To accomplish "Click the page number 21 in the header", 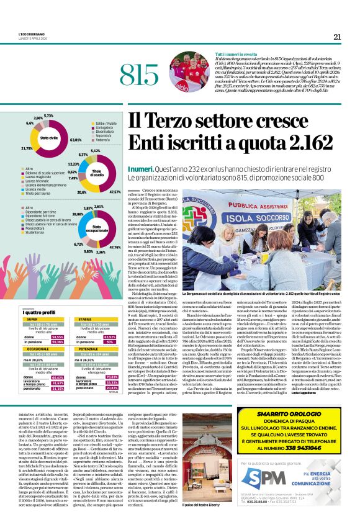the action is tap(337, 37).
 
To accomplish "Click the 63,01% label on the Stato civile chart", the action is tap(76, 140).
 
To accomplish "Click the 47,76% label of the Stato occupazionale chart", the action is tap(115, 247).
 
